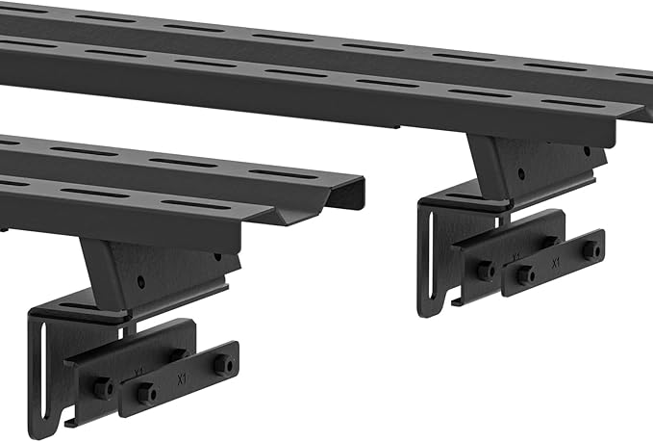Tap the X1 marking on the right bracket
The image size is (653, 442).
coord(555,261)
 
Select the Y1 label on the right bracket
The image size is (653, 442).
coord(516,256)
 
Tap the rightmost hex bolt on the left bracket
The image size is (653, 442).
coord(223,365)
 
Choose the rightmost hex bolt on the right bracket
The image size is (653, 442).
coord(590,249)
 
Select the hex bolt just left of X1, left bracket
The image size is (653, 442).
coord(145,393)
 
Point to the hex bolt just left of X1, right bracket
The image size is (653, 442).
coord(525,275)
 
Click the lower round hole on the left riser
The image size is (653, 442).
coord(140,283)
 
